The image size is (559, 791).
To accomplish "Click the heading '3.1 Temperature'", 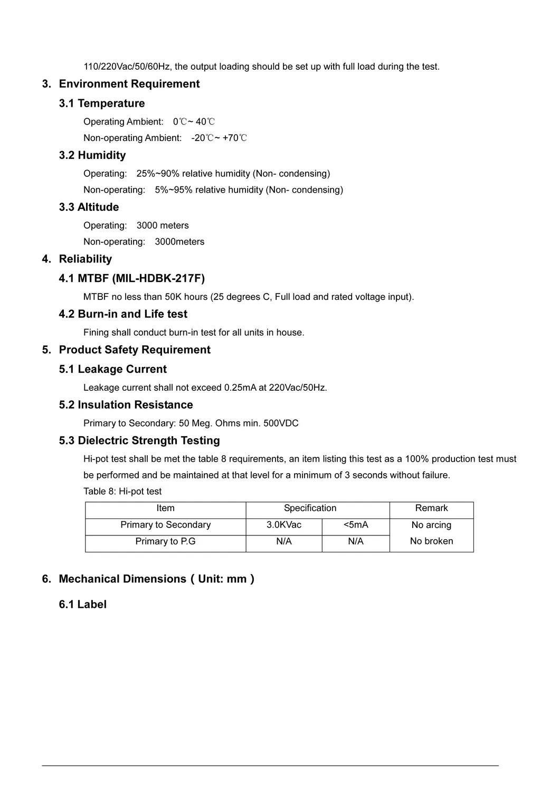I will [101, 103].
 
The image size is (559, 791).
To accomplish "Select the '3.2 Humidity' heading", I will [92, 155].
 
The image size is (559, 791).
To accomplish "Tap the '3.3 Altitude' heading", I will [89, 207].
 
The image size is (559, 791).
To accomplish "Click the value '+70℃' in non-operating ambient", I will [235, 138].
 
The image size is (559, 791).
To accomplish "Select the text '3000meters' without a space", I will [179, 242].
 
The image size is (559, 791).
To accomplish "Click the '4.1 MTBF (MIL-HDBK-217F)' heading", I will [131, 278].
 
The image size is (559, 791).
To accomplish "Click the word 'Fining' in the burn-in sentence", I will [96, 333].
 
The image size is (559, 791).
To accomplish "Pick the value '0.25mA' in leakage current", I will [240, 388].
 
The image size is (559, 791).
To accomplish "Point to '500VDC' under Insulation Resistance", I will [281, 423].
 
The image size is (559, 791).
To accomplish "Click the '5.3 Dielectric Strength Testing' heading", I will [139, 441].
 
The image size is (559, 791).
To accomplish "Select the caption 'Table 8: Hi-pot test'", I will [122, 492].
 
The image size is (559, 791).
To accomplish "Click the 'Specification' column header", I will [310, 508].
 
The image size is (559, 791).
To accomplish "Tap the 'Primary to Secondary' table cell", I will [165, 525].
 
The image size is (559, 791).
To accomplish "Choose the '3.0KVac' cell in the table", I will [284, 525].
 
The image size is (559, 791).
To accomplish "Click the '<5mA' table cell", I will [356, 525].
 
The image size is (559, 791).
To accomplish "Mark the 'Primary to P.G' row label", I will [165, 542].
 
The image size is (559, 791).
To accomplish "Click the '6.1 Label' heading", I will [82, 605].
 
